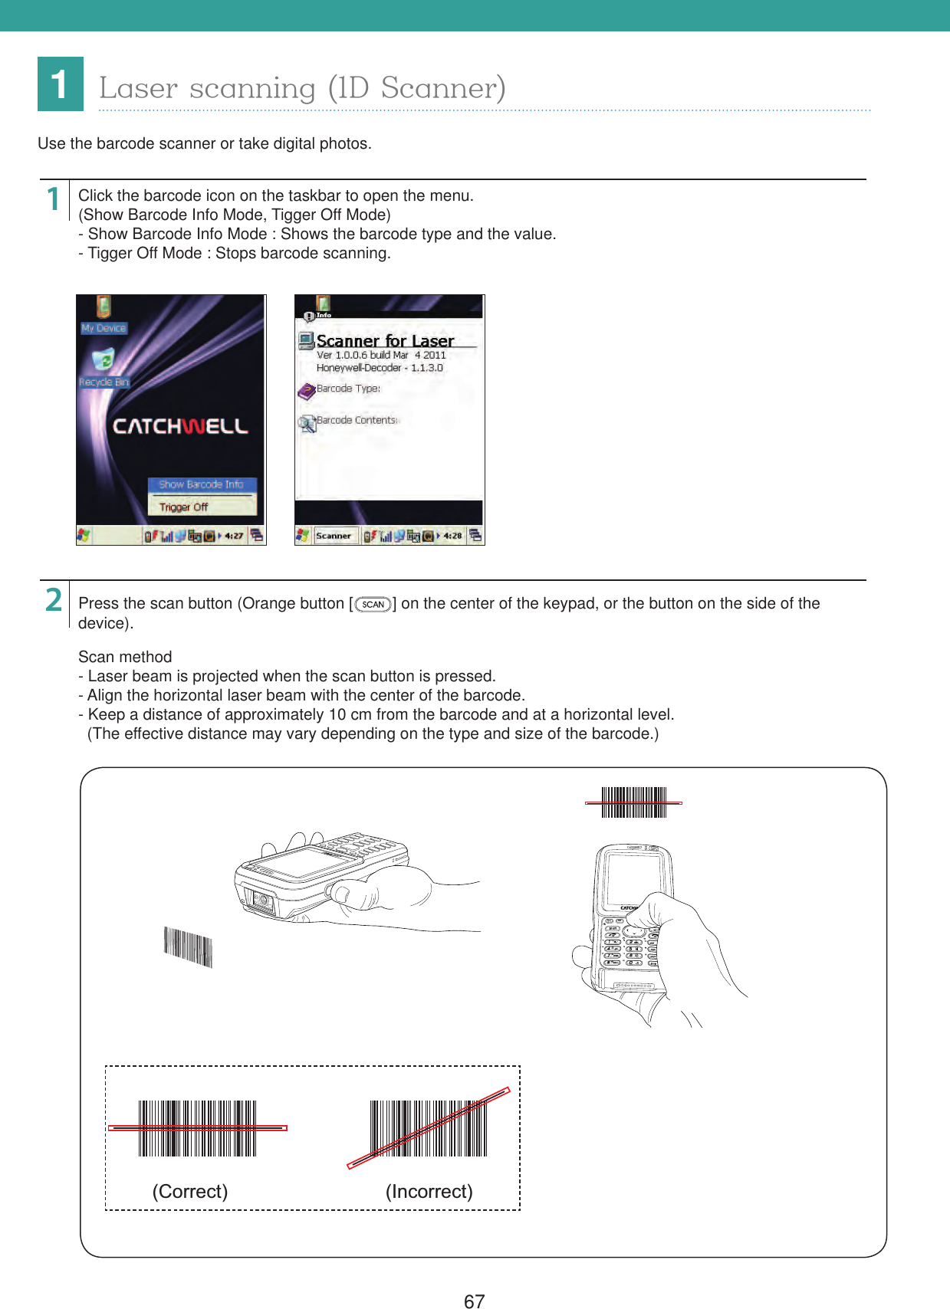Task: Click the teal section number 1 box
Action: point(60,84)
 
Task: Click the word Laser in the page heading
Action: point(138,88)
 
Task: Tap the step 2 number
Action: point(53,600)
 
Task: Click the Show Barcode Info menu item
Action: point(201,484)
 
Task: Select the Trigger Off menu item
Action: point(184,507)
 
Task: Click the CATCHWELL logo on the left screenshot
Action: point(180,426)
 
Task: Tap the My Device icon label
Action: point(104,328)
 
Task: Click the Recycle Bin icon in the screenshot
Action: point(103,360)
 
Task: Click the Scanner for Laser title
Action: point(385,340)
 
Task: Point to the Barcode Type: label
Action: point(348,389)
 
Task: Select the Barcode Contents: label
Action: point(357,420)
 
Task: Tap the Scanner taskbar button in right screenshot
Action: point(334,536)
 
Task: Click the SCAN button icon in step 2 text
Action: point(373,605)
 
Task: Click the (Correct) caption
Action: point(189,1191)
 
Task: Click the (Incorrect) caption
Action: point(429,1191)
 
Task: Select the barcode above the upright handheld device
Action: point(634,802)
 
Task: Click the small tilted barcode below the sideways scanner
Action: point(188,947)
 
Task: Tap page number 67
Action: point(474,1300)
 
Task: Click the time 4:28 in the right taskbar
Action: point(452,536)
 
